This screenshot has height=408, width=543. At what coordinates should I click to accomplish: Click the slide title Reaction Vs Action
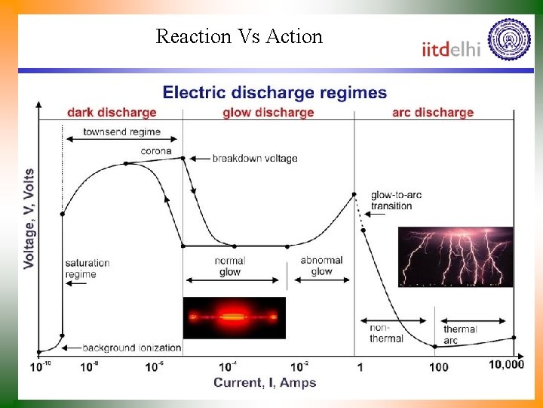238,36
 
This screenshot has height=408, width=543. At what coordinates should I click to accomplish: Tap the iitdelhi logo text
450,48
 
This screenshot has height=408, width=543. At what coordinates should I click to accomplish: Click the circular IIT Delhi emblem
509,40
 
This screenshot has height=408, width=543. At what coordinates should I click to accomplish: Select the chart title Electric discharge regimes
275,94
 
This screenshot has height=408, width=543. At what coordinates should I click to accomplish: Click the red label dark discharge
112,113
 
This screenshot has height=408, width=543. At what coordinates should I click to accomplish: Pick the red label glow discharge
268,113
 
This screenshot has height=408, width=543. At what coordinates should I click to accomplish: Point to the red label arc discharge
432,113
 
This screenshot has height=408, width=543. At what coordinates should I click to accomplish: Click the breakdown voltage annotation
254,159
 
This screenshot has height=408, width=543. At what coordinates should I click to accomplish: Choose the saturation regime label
87,268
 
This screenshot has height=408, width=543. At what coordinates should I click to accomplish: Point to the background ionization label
131,348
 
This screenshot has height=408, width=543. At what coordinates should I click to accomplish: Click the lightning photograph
455,257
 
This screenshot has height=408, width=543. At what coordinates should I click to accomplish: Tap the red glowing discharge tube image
234,317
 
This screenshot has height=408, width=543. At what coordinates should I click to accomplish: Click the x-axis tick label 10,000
505,365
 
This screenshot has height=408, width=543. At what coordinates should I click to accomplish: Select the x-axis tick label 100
438,367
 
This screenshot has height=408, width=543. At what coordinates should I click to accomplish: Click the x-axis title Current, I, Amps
265,382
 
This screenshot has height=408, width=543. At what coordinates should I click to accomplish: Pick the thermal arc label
460,335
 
